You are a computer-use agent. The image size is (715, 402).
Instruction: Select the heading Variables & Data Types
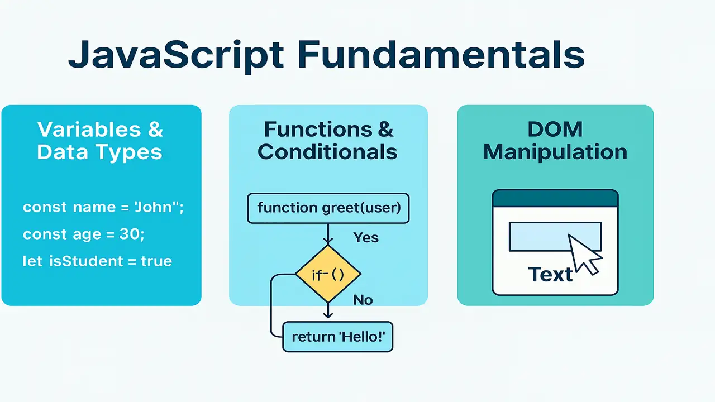click(100, 141)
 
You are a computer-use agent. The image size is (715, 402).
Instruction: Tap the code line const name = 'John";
click(103, 208)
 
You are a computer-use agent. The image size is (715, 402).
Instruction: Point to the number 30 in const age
click(130, 234)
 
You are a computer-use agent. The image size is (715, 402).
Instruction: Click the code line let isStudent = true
click(97, 261)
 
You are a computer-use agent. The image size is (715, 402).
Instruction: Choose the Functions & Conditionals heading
click(328, 141)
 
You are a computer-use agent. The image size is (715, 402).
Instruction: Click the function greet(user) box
click(328, 208)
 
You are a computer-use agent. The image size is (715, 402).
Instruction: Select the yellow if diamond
click(328, 274)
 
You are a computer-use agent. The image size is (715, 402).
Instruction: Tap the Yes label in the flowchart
click(366, 238)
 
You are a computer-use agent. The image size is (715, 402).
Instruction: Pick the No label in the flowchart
click(363, 300)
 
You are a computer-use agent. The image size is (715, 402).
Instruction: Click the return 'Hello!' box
click(338, 337)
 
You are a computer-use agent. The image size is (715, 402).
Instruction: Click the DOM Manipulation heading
click(555, 141)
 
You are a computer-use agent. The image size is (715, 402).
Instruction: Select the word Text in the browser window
click(550, 275)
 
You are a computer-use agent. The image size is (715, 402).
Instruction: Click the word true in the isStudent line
click(156, 261)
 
